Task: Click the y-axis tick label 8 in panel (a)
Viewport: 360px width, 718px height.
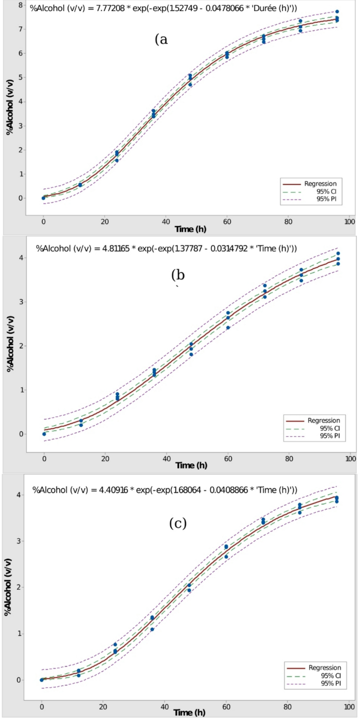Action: (x=20, y=5)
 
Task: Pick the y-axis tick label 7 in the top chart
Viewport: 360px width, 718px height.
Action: (x=20, y=29)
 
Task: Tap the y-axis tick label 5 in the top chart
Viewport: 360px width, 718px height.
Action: (x=20, y=77)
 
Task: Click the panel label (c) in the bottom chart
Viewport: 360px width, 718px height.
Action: (x=178, y=524)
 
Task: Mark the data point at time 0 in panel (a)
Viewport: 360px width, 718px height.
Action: (x=44, y=198)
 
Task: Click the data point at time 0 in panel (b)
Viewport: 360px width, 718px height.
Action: (x=44, y=434)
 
